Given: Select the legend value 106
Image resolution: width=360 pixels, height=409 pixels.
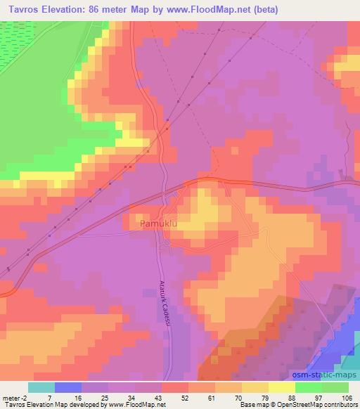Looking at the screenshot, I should click(x=347, y=397).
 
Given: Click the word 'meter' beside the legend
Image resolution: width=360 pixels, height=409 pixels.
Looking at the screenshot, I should click(x=10, y=397).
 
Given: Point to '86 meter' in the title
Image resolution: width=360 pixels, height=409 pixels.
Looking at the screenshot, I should click(x=108, y=10).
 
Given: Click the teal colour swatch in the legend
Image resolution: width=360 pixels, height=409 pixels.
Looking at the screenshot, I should click(x=41, y=387).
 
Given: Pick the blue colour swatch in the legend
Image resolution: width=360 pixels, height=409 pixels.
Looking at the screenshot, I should click(x=67, y=387).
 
